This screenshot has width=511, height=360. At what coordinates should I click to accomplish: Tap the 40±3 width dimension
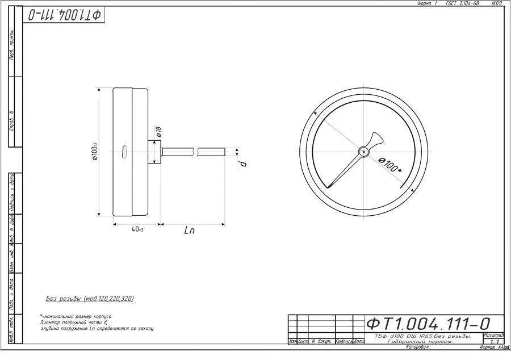coord(137,229)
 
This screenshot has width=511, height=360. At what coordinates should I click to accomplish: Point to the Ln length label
coord(190,231)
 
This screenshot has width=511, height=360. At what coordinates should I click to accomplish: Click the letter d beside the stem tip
coord(243,164)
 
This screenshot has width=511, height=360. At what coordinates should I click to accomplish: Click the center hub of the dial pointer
coord(363,151)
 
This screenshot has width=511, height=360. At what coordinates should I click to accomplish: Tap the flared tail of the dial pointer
coord(376,139)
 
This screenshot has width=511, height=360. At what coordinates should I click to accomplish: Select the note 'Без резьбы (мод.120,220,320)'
coord(90,299)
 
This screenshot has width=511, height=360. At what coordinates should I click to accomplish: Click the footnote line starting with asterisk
coord(76,316)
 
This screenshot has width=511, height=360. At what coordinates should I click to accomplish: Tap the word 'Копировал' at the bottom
coord(417,347)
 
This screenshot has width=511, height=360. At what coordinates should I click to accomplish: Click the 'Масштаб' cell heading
coord(493,336)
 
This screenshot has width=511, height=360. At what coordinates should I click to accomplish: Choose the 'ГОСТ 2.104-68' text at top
coord(462,3)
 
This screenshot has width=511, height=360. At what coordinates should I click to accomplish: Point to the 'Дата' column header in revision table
coord(359,341)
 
